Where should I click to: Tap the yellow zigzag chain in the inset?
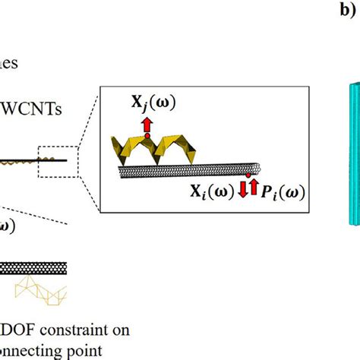coord(152,152)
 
